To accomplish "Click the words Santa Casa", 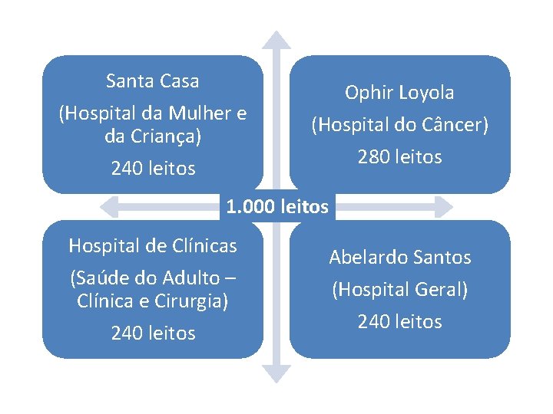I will (x=153, y=80).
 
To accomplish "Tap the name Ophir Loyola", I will (x=399, y=93).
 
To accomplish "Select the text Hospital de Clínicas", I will (x=153, y=245).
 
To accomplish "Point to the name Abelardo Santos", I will (x=399, y=258).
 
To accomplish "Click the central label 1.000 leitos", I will (x=277, y=206).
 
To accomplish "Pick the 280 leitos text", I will (x=399, y=157).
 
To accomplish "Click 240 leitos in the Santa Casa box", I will (x=153, y=169).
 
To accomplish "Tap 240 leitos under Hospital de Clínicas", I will (x=153, y=333).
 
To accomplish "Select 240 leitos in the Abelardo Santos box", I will (x=399, y=322).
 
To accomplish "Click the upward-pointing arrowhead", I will (x=276, y=39).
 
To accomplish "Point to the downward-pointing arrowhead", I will (x=276, y=374).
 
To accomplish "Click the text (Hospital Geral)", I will (x=399, y=290).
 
